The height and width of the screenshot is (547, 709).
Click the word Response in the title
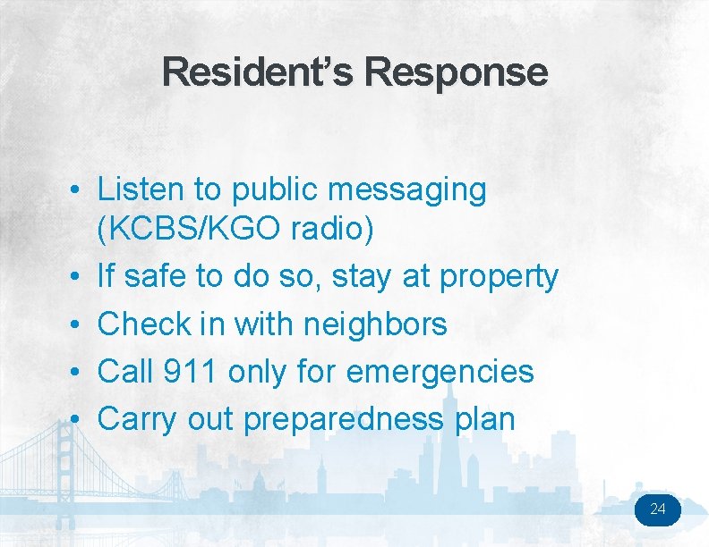click(x=456, y=72)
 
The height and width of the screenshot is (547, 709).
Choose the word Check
click(x=142, y=324)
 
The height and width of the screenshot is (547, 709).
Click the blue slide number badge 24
click(x=658, y=510)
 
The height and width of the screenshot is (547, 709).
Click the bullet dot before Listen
click(x=80, y=191)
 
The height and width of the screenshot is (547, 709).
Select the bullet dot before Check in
click(x=80, y=325)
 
